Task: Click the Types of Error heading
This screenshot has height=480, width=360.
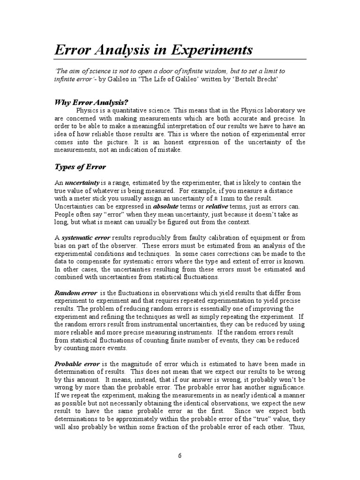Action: click(x=81, y=166)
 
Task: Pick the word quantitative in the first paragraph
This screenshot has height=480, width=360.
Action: click(x=134, y=110)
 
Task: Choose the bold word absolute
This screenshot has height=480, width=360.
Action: click(x=169, y=206)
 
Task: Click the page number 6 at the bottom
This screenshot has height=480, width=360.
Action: click(x=180, y=455)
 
